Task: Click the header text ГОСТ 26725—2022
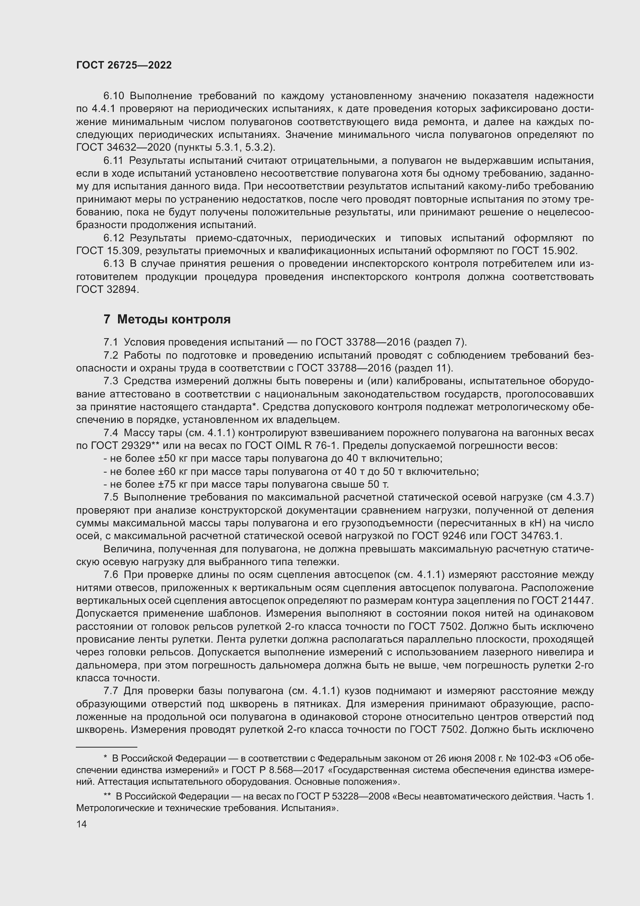tap(124, 65)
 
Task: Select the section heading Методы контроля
tap(173, 319)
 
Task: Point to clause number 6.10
tap(113, 96)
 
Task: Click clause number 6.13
tap(113, 264)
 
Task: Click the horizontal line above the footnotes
tap(106, 747)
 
